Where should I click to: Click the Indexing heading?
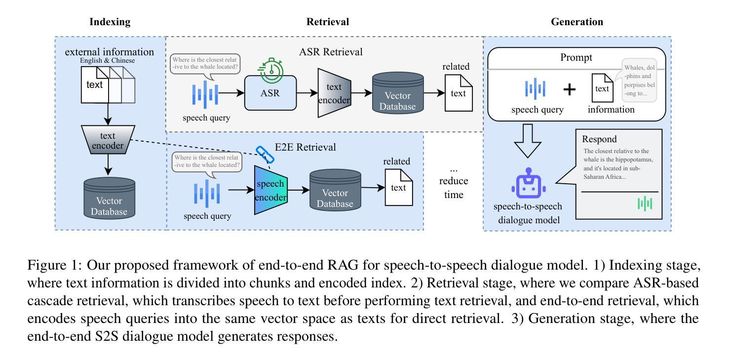coord(110,22)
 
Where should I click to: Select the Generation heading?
coord(576,22)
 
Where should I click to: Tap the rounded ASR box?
coord(270,92)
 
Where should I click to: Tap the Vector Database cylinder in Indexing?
coord(109,198)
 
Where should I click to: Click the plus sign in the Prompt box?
coord(570,89)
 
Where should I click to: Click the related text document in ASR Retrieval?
coord(459,92)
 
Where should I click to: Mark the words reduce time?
coord(453,188)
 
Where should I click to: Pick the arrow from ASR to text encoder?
coord(306,92)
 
